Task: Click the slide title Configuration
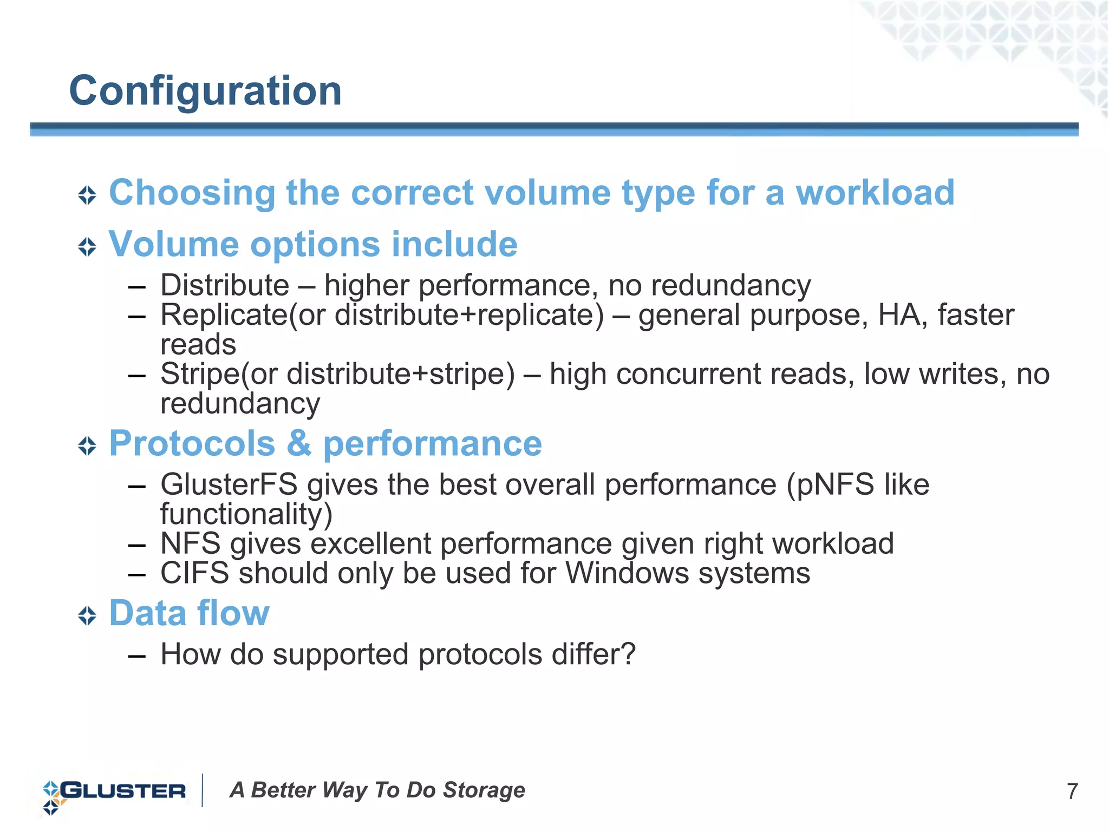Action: pyautogui.click(x=205, y=91)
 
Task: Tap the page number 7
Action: pyautogui.click(x=1072, y=791)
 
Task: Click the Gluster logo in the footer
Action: pyautogui.click(x=115, y=791)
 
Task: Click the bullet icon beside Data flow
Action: pyautogui.click(x=87, y=615)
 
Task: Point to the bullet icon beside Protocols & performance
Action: pyautogui.click(x=87, y=446)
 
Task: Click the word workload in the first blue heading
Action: pyautogui.click(x=875, y=193)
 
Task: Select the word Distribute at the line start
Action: pyautogui.click(x=225, y=285)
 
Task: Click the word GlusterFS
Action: pyautogui.click(x=229, y=484)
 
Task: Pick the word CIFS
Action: pyautogui.click(x=194, y=573)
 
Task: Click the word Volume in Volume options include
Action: pyautogui.click(x=173, y=244)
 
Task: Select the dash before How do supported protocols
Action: pyautogui.click(x=137, y=656)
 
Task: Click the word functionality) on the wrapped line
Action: pyautogui.click(x=246, y=514)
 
